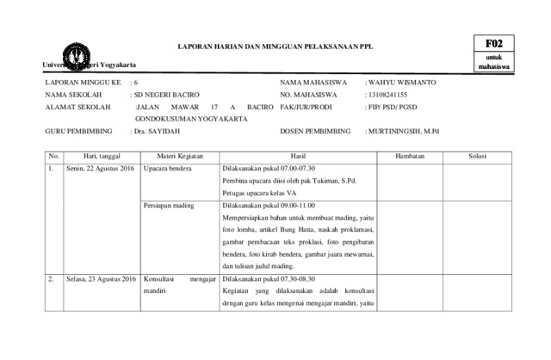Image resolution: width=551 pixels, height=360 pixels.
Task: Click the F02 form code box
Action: (493, 43)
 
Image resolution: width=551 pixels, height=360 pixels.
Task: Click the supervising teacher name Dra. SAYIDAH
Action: (156, 133)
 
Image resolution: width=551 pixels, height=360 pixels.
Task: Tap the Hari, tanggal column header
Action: (100, 156)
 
